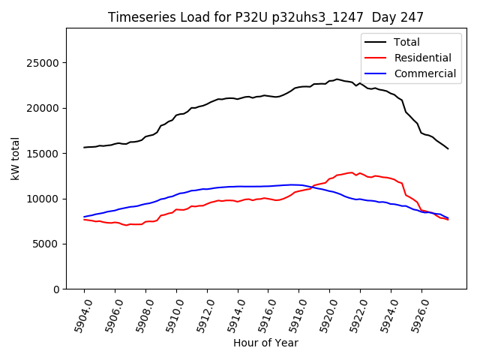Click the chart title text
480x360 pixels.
coord(265,17)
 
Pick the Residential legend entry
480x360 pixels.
coord(422,58)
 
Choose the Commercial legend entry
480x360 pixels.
coord(424,73)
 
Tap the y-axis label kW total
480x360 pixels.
coord(15,159)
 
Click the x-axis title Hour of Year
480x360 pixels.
coord(265,343)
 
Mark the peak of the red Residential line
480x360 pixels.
coord(352,172)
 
